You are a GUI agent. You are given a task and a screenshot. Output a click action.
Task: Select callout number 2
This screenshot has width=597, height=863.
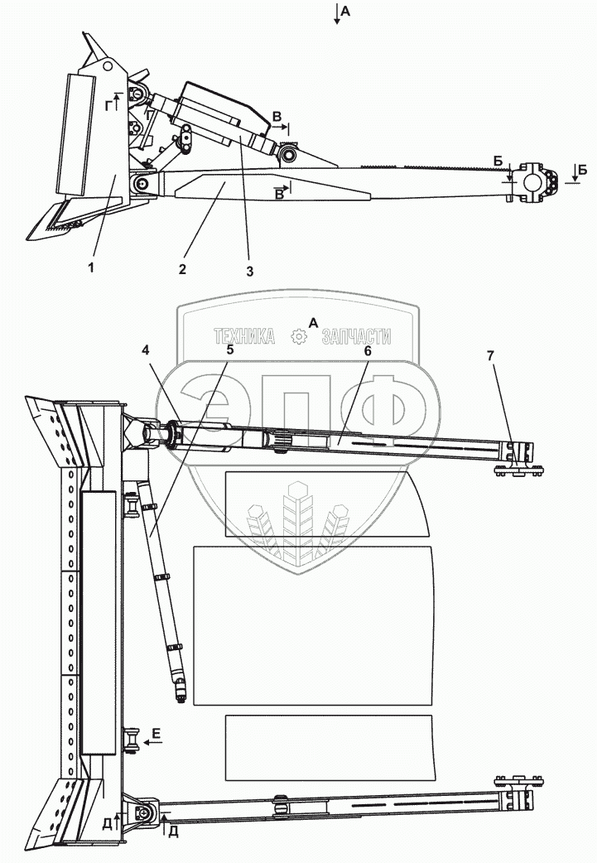click(182, 268)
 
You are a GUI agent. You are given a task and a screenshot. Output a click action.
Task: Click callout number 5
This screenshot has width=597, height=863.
click(230, 350)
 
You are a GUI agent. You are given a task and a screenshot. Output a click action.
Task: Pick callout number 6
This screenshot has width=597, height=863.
click(368, 350)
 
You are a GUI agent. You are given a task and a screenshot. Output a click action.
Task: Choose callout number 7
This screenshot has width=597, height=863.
click(490, 355)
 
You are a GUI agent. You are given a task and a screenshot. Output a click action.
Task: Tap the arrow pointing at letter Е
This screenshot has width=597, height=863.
click(150, 743)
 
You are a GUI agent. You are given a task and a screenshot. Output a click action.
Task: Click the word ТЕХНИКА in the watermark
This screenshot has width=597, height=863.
click(244, 337)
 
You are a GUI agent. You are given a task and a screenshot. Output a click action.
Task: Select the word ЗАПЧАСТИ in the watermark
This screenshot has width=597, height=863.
click(355, 337)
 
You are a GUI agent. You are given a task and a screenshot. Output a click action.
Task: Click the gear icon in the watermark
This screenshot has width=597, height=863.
click(299, 337)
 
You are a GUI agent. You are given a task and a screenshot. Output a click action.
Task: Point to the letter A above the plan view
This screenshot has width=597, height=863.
click(313, 321)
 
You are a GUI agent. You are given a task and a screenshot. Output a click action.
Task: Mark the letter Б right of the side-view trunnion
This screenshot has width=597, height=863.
click(583, 169)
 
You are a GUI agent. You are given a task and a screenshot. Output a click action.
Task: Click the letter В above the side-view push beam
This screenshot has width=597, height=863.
click(277, 116)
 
